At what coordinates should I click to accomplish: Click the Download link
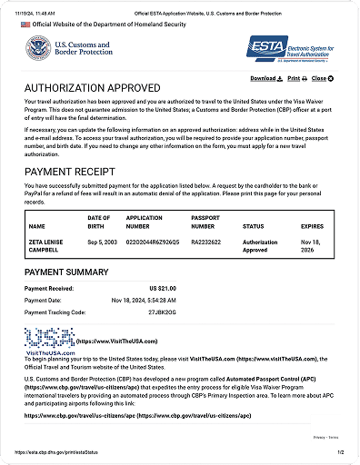coord(265,78)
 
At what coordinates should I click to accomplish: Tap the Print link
coord(292,78)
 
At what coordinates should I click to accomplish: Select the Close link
coord(321,78)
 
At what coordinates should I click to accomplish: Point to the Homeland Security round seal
coord(39,48)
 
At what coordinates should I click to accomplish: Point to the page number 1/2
coord(339,450)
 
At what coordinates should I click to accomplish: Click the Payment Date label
coord(50,298)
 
